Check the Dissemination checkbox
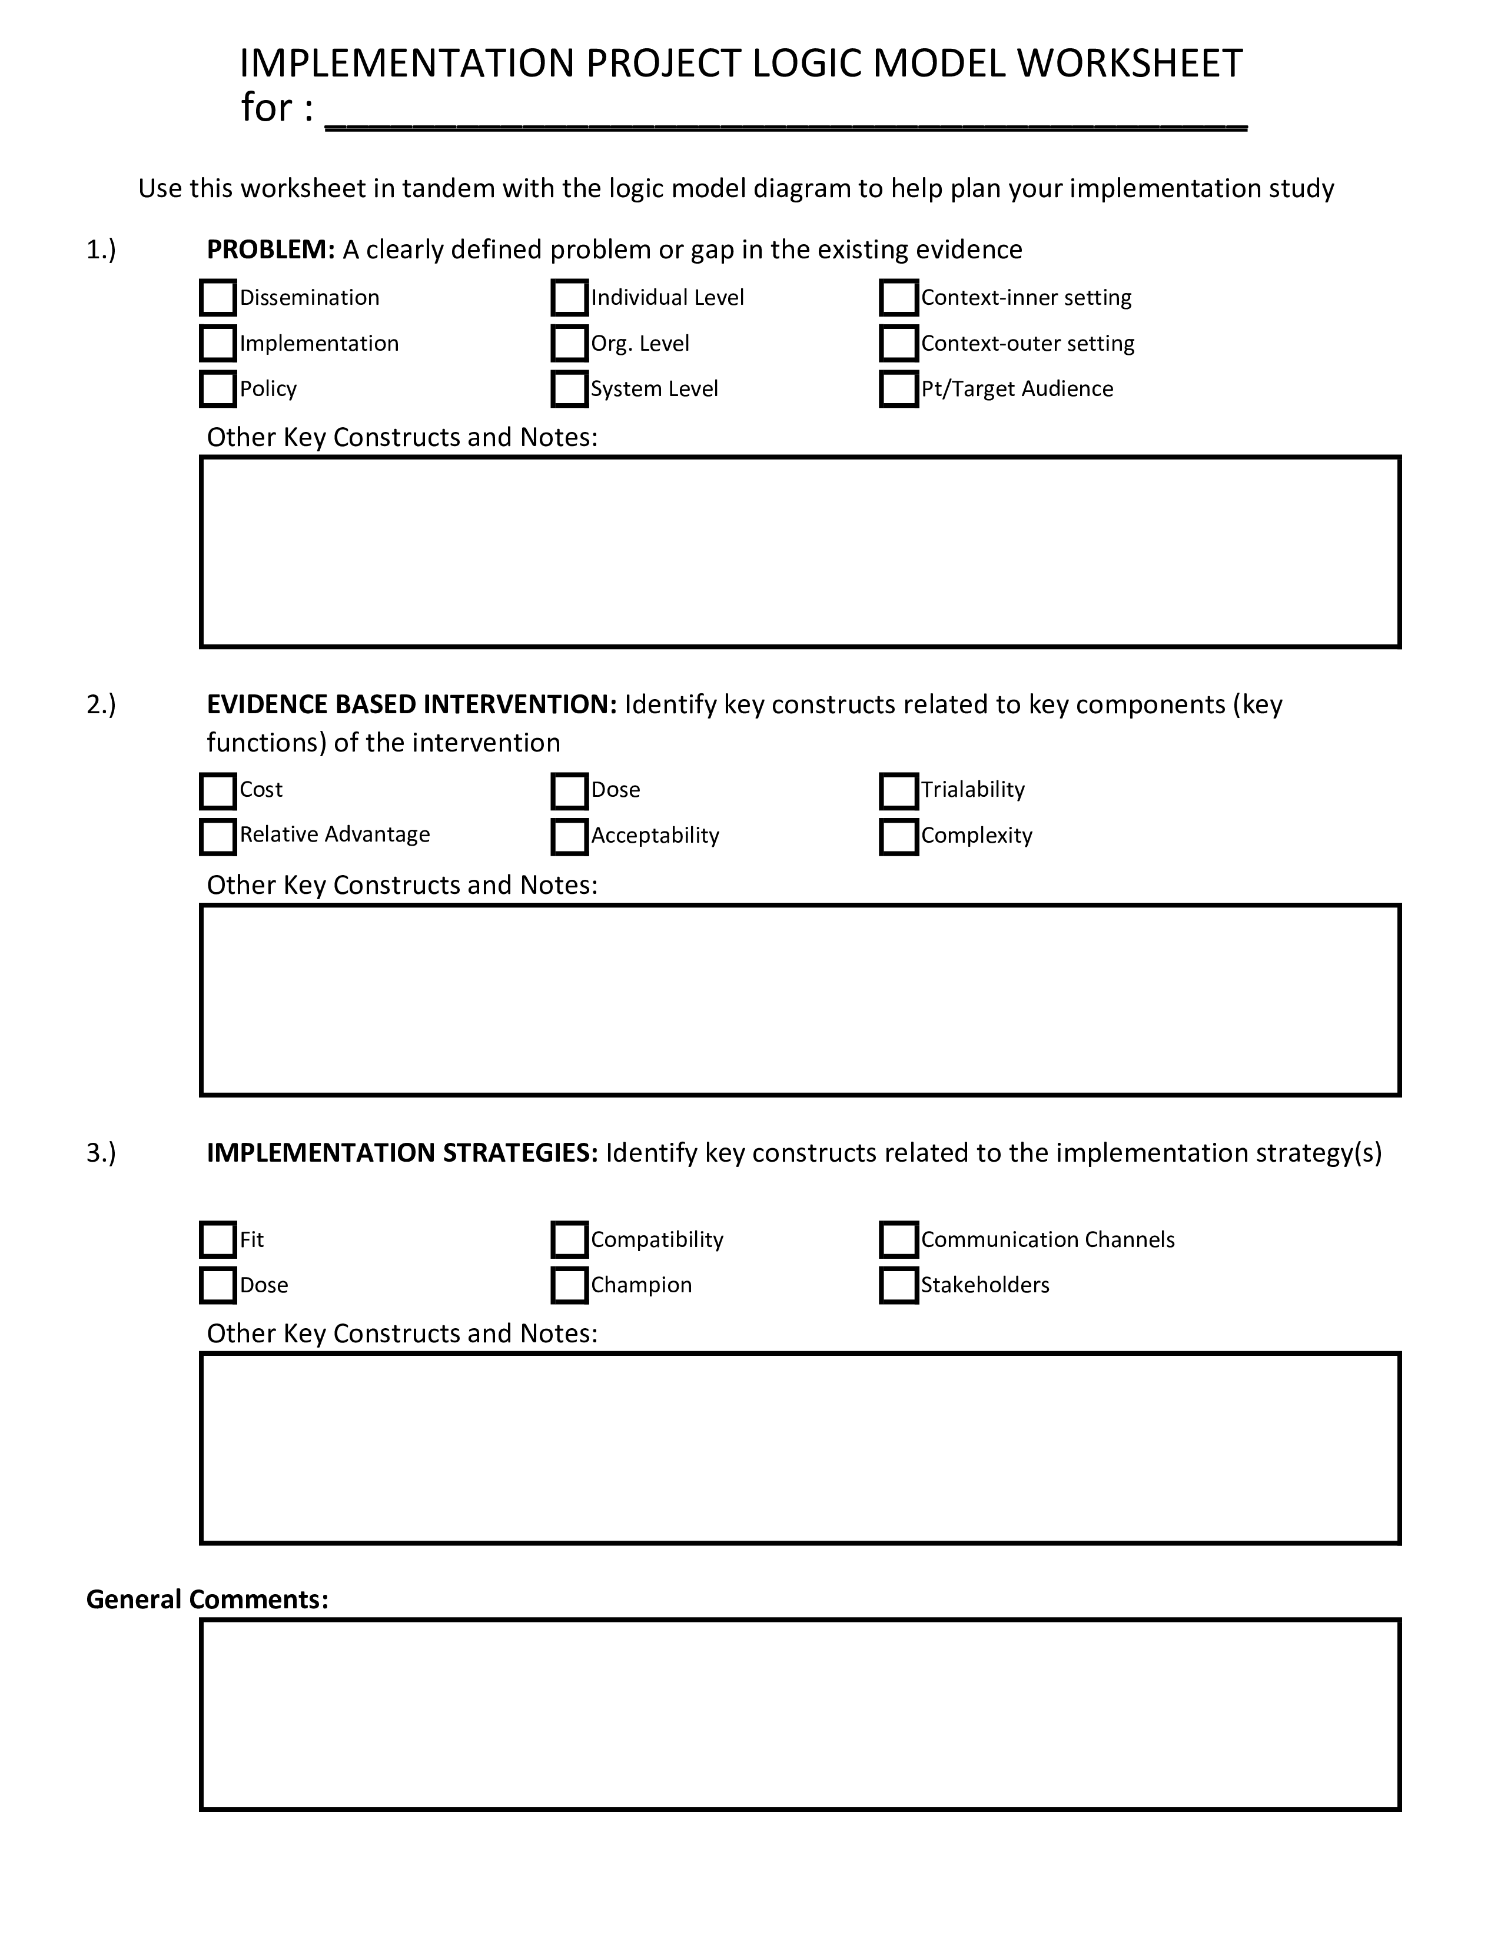pos(218,298)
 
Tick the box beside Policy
pos(218,388)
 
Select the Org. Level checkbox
pos(569,343)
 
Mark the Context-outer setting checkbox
pos(898,343)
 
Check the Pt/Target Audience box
pos(898,388)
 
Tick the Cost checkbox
pos(218,790)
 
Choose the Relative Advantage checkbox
pos(218,836)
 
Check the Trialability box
pos(898,790)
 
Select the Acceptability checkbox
pos(569,836)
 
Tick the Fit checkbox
pos(218,1239)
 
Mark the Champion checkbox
pos(569,1285)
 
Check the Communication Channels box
pos(898,1239)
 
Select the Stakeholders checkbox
pos(898,1285)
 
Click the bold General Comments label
pos(207,1600)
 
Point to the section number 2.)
pos(101,704)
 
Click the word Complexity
pos(977,836)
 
